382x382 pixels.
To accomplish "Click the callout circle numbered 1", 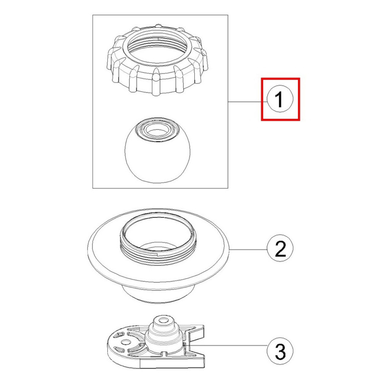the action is (x=280, y=99).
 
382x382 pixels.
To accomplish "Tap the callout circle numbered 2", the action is (x=280, y=248).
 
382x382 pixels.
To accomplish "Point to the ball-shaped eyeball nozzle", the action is (x=157, y=151).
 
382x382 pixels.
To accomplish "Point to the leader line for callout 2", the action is (x=249, y=249).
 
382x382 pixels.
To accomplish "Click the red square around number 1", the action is (x=280, y=99).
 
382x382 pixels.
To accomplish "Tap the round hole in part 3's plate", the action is (x=125, y=342).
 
